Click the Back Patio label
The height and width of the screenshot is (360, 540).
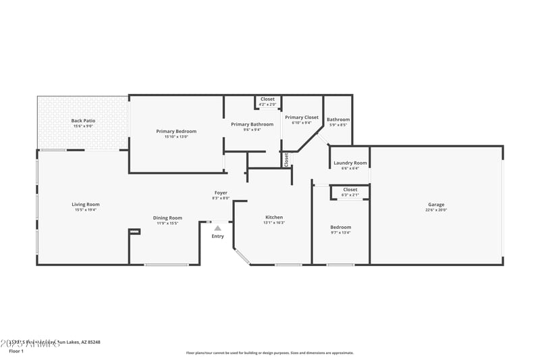pos(83,121)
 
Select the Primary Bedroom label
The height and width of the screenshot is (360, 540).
pos(176,131)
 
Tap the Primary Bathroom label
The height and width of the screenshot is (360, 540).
pos(252,124)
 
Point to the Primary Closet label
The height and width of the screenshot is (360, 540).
pos(302,118)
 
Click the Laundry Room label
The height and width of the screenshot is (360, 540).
pos(350,163)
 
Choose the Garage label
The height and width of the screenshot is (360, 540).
pos(436,205)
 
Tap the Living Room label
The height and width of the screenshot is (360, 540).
pos(86,204)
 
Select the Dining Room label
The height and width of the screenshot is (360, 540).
pos(167,217)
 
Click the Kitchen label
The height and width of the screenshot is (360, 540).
pos(274,217)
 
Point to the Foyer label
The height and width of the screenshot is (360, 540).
pos(221,192)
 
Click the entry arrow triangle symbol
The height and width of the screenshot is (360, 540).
pos(217,228)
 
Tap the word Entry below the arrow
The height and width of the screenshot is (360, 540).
pos(217,236)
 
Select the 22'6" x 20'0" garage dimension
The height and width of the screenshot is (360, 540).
pos(436,210)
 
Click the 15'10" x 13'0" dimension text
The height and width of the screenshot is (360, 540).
pos(176,136)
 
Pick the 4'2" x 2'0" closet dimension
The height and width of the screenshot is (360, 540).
pos(267,105)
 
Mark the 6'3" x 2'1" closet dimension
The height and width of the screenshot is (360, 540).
pos(350,195)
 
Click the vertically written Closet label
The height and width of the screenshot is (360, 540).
pos(286,159)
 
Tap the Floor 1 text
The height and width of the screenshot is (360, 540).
pos(16,351)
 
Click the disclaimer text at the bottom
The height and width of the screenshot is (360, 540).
pos(269,353)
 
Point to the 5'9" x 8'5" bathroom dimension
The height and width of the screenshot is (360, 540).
pos(338,125)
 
